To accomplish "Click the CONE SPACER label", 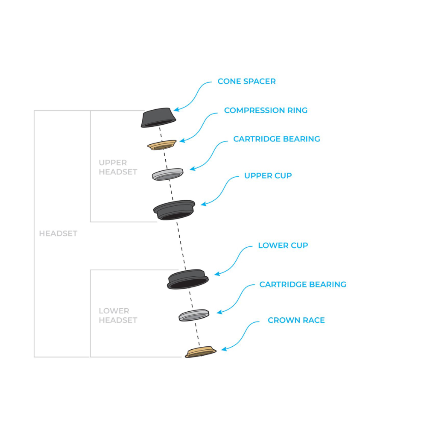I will point(246,81).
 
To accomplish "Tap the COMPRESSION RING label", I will point(266,111).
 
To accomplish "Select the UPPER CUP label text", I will point(268,175).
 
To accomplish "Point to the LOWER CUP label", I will point(283,246).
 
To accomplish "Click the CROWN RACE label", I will point(296,320).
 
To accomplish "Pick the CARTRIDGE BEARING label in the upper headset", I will point(276,139).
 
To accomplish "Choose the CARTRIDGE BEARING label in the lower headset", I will point(302,284).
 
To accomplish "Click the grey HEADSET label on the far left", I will point(58,234).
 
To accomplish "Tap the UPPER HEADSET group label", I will point(118,167).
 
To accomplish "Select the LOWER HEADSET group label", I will point(118,316).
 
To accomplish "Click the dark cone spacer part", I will point(158,117).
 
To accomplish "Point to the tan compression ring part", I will point(162,145).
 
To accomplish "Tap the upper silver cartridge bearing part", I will point(168,174).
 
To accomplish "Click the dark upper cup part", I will point(174,210).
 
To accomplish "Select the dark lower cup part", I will point(188,279).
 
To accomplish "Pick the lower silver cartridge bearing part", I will point(194,315).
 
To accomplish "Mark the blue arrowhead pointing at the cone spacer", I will point(175,111).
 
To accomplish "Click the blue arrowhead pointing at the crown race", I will point(223,350).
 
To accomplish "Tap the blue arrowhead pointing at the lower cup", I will point(216,274).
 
